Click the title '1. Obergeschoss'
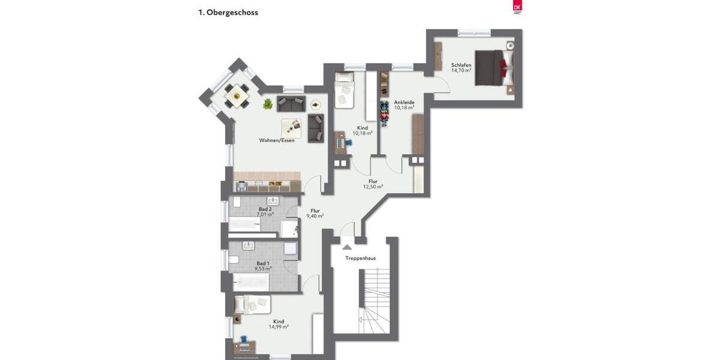pyautogui.click(x=228, y=12)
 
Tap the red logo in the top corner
pyautogui.click(x=517, y=7)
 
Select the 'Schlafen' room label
pyautogui.click(x=461, y=65)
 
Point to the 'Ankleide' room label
pyautogui.click(x=404, y=102)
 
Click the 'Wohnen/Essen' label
pyautogui.click(x=277, y=140)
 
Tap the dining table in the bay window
pyautogui.click(x=237, y=95)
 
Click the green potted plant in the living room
pyautogui.click(x=268, y=104)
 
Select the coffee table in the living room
pyautogui.click(x=292, y=127)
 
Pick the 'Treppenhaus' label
pyautogui.click(x=361, y=258)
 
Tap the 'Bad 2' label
pyautogui.click(x=265, y=208)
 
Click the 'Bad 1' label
pyautogui.click(x=263, y=263)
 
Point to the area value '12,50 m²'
pyautogui.click(x=373, y=187)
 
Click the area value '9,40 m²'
pyautogui.click(x=315, y=216)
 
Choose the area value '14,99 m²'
pyautogui.click(x=278, y=327)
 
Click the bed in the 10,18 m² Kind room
pyautogui.click(x=344, y=90)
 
